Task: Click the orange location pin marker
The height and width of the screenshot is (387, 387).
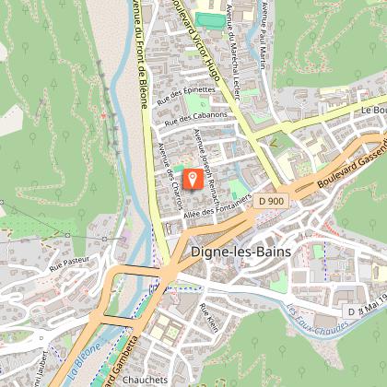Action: tap(193, 178)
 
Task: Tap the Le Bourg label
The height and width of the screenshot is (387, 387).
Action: tap(372, 109)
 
